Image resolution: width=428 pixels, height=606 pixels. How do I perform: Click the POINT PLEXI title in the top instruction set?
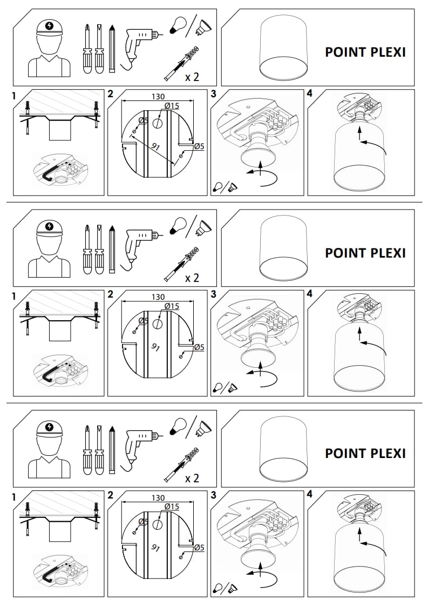click(365, 52)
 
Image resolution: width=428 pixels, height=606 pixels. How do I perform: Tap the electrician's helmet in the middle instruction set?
click(50, 227)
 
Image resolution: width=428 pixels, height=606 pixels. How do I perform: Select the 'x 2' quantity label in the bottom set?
click(192, 478)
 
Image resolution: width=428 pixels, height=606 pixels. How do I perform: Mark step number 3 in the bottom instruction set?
click(214, 494)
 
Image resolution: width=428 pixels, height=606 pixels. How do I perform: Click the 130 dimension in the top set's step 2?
click(158, 96)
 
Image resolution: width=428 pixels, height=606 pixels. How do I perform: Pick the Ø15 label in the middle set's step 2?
click(171, 306)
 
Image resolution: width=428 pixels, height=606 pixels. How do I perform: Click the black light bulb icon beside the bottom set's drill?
click(177, 426)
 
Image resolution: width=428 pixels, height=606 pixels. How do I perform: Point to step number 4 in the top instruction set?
click(309, 93)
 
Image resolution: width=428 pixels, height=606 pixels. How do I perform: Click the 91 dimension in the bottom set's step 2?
click(157, 547)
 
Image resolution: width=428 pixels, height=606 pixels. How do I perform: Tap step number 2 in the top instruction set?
click(111, 93)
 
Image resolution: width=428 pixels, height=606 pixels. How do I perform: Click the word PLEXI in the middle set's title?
click(387, 253)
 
